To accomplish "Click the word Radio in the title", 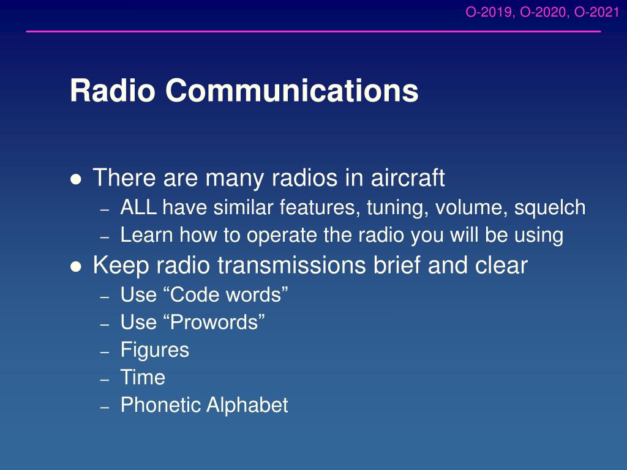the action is pyautogui.click(x=113, y=91).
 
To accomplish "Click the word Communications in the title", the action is pyautogui.click(x=292, y=91).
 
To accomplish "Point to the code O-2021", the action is pyautogui.click(x=597, y=12).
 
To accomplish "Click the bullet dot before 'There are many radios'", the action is pyautogui.click(x=75, y=179).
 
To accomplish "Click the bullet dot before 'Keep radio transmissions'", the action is pyautogui.click(x=75, y=266).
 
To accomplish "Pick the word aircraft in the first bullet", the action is pyautogui.click(x=408, y=177).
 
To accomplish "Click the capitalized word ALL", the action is pyautogui.click(x=138, y=207).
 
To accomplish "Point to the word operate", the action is pyautogui.click(x=282, y=236).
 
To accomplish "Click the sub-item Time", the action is pyautogui.click(x=143, y=377).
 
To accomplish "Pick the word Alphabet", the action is pyautogui.click(x=247, y=405).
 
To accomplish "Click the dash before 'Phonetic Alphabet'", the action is pyautogui.click(x=105, y=407).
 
